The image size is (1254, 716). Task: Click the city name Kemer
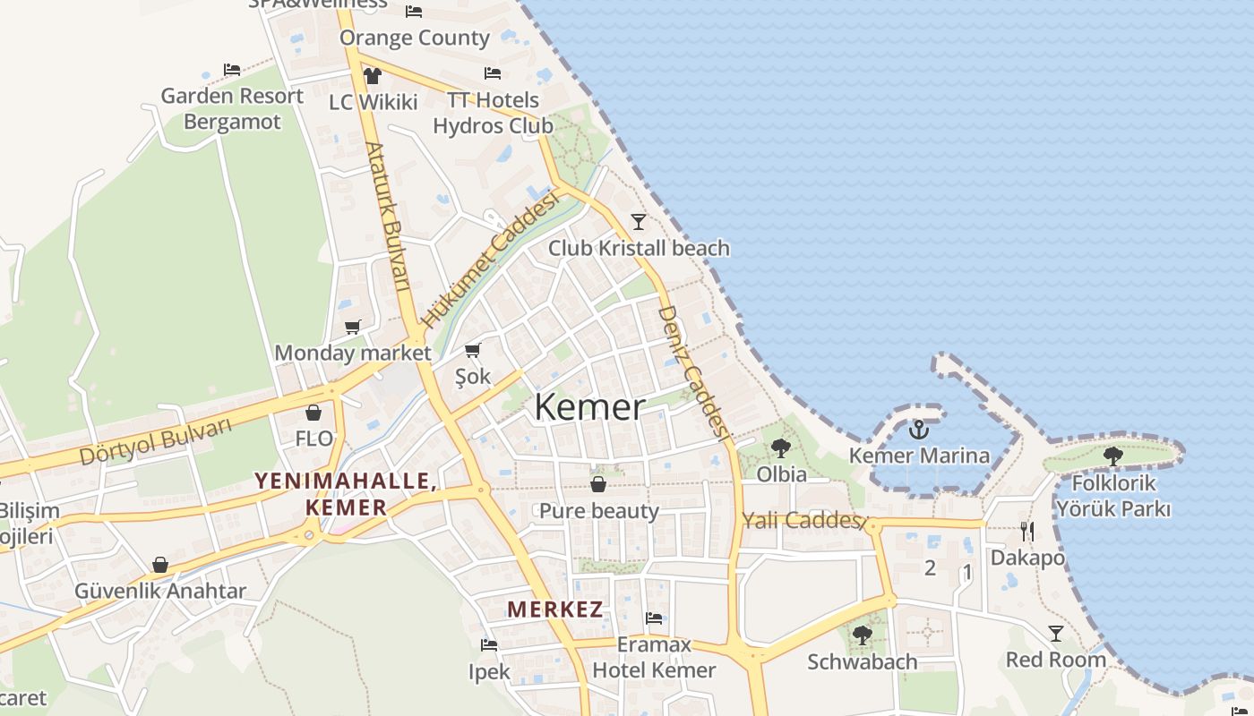click(589, 407)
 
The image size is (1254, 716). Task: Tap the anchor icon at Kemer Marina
click(919, 430)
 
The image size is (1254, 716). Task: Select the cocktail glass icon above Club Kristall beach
click(638, 221)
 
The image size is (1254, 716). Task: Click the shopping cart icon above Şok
click(473, 350)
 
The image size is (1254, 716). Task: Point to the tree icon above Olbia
click(781, 447)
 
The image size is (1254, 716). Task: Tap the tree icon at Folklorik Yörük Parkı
click(1113, 456)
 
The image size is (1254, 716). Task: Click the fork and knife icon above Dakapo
click(1027, 532)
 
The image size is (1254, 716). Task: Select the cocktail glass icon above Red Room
click(1056, 633)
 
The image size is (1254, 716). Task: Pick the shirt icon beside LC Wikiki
click(373, 75)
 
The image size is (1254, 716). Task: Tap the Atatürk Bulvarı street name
click(388, 217)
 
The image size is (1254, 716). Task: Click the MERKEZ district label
click(555, 609)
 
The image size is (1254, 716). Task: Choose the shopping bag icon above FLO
click(313, 413)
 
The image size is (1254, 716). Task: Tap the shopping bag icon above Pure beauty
click(598, 484)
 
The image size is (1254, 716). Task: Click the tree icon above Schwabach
click(862, 635)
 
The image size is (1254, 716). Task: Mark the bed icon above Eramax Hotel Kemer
click(654, 618)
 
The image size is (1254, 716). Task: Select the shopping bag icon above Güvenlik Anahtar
click(160, 565)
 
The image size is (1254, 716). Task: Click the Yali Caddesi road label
click(803, 520)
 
